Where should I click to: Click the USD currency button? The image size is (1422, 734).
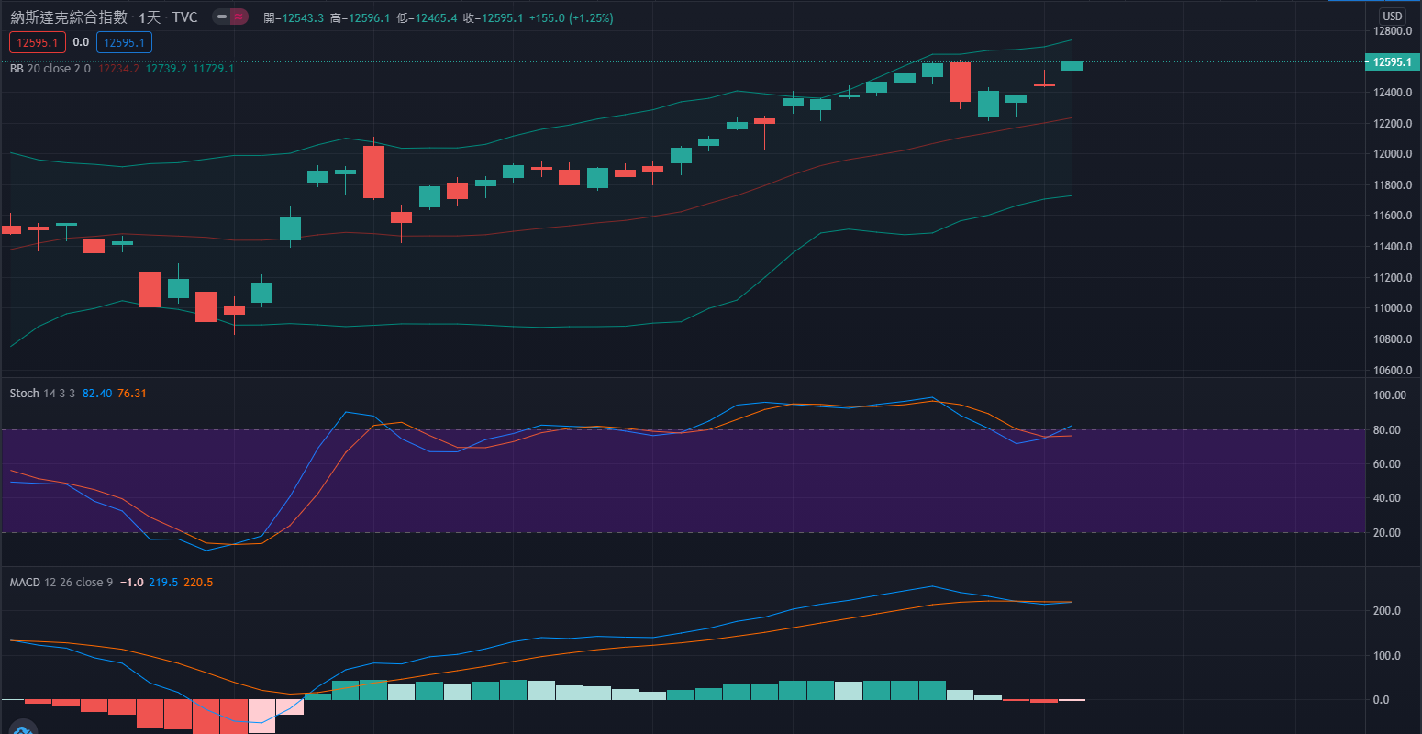(1393, 16)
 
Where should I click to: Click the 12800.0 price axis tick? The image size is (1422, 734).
(1392, 31)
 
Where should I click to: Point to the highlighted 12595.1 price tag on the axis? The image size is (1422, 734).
(1392, 62)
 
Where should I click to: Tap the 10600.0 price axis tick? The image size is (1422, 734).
(1392, 371)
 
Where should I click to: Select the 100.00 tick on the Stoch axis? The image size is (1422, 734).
(1389, 395)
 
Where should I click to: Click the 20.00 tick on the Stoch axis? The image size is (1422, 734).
(1389, 533)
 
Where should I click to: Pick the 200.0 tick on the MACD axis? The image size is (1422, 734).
(1386, 611)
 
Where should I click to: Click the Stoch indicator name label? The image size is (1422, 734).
(25, 394)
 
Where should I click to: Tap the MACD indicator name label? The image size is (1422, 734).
(25, 583)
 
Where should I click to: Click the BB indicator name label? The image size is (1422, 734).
(17, 69)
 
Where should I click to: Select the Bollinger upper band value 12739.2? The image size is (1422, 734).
(166, 69)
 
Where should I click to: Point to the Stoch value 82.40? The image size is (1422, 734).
(97, 394)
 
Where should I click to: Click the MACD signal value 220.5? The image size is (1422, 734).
(198, 583)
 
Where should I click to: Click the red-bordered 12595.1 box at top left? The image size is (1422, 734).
(37, 42)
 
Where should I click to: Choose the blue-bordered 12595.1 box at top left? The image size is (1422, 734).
(124, 42)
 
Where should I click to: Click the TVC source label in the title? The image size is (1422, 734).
(184, 17)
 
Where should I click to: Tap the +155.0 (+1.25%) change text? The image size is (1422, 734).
(572, 18)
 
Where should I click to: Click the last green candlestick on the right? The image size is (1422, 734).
(1072, 66)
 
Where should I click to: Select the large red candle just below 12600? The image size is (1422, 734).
(960, 82)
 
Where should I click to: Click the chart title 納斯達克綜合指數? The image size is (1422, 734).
(69, 17)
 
